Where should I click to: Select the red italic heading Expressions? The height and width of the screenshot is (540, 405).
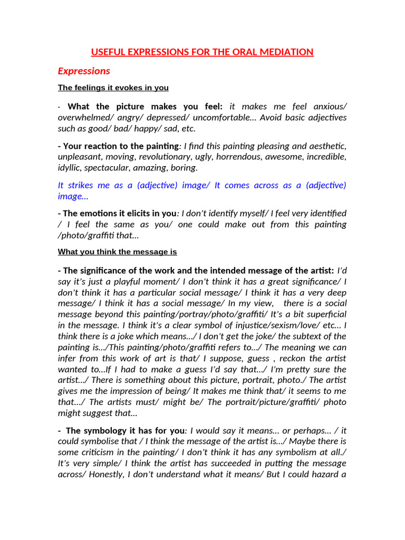tap(84, 71)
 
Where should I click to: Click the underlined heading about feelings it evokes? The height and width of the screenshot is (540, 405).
tap(113, 88)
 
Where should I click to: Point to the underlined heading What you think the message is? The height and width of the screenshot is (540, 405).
tap(117, 252)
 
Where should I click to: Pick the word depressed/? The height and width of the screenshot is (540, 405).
tap(152, 117)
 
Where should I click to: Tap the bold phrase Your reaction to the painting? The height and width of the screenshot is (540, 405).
tap(121, 146)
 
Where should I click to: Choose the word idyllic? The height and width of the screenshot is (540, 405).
tap(70, 168)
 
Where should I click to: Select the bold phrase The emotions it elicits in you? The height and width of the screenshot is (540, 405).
tap(120, 213)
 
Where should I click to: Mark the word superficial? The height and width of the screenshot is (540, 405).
tap(326, 314)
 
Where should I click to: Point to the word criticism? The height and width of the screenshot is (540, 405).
tap(102, 452)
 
